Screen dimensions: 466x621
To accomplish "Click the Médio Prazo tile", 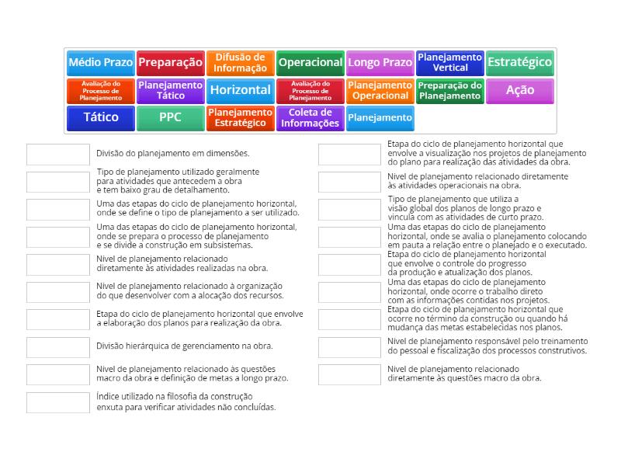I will [101, 62].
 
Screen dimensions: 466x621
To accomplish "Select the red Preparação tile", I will [171, 62].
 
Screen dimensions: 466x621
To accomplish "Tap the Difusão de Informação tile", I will [241, 62].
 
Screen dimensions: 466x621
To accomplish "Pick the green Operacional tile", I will [310, 62].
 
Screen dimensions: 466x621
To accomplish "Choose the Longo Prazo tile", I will [380, 62].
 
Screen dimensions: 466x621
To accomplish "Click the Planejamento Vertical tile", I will [450, 62].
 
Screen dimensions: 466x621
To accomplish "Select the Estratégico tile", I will [520, 62].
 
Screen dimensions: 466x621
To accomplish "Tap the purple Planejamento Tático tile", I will [171, 90].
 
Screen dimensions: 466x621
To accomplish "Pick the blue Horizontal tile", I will [241, 90].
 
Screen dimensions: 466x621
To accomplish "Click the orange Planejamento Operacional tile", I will [380, 90].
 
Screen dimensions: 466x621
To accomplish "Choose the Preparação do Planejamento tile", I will [450, 90].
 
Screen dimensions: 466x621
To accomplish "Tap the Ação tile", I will [520, 90].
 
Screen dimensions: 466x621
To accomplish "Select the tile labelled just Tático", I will [101, 117].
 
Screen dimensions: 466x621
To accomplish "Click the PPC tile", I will [171, 117].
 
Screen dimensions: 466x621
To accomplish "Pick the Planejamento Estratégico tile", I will [241, 117].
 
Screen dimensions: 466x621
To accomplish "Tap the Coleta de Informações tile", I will [310, 117].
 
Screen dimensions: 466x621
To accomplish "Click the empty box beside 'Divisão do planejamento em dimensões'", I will [58, 154].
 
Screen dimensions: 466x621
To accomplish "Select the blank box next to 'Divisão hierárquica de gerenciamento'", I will [58, 346].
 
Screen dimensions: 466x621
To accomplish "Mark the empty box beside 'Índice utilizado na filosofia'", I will [58, 402].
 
